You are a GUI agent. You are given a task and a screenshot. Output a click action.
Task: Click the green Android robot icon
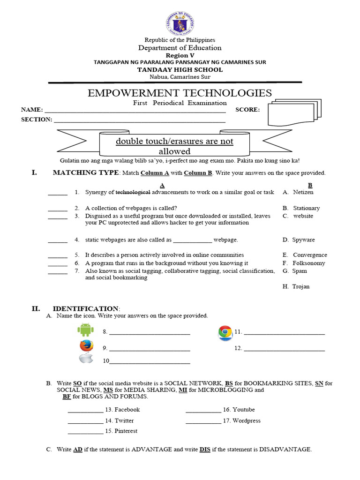point(85,330)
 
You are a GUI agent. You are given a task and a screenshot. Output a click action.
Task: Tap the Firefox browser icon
point(86,346)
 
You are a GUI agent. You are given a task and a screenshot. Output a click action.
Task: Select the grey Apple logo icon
point(85,359)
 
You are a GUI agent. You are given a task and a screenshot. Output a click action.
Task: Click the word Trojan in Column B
point(300,286)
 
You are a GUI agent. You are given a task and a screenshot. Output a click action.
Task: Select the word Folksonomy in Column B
point(308,263)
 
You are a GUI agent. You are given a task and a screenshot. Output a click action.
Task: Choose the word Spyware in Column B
point(303,240)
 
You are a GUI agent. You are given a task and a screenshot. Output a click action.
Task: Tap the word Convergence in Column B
point(309,255)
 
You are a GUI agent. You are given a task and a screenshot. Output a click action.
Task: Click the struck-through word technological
point(133,192)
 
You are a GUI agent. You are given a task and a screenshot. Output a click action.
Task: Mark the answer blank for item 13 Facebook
point(85,410)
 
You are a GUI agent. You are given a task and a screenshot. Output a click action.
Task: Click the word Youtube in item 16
point(244,410)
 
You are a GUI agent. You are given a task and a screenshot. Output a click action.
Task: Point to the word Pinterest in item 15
point(126,431)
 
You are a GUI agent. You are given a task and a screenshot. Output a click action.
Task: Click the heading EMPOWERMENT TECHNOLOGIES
point(180,92)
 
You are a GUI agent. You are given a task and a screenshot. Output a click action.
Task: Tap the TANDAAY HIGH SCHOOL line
point(180,69)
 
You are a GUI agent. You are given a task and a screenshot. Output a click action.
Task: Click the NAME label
point(31,110)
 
